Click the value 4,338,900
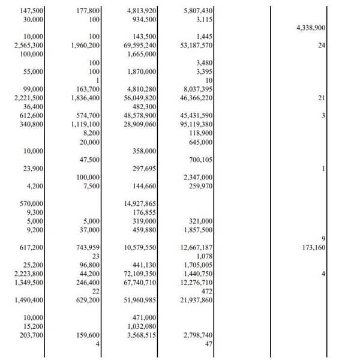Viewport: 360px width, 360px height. click(x=311, y=28)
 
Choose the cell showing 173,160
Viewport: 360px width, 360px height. click(x=311, y=247)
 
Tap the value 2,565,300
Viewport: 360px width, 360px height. click(x=28, y=46)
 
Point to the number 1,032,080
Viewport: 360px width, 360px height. click(x=144, y=325)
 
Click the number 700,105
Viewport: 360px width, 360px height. click(x=202, y=160)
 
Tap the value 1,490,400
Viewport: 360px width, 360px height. click(x=28, y=299)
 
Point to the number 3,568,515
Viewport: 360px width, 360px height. click(x=144, y=334)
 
